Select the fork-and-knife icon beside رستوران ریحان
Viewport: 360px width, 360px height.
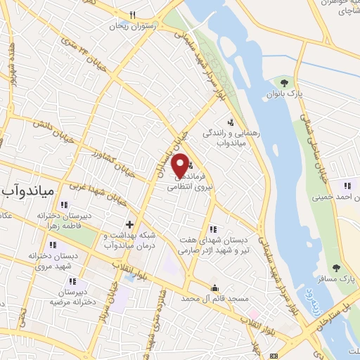[132, 14]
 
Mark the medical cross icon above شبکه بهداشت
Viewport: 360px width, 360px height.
[129, 224]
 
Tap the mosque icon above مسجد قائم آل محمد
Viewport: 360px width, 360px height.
[215, 288]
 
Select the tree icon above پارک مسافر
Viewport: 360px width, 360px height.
[336, 267]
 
